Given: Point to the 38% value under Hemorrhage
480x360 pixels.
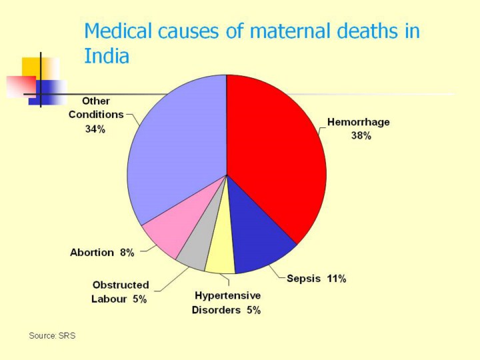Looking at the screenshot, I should pyautogui.click(x=361, y=135).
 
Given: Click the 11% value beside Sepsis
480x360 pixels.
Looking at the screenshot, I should pyautogui.click(x=336, y=279).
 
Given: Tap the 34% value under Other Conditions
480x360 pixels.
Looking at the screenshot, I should pyautogui.click(x=95, y=129).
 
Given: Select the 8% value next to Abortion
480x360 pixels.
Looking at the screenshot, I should pyautogui.click(x=127, y=253).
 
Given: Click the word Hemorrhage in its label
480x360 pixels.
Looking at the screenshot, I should pyautogui.click(x=358, y=123).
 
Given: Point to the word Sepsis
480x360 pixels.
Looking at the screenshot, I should pyautogui.click(x=304, y=279).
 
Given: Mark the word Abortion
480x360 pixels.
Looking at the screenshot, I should pyautogui.click(x=93, y=253).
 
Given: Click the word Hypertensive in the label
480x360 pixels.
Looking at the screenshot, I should pyautogui.click(x=227, y=295).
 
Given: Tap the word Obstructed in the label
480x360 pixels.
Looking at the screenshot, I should pyautogui.click(x=121, y=285).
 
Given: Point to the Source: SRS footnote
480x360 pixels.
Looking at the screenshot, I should pyautogui.click(x=52, y=335).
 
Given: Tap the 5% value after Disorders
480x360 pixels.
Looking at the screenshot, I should pyautogui.click(x=253, y=310).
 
